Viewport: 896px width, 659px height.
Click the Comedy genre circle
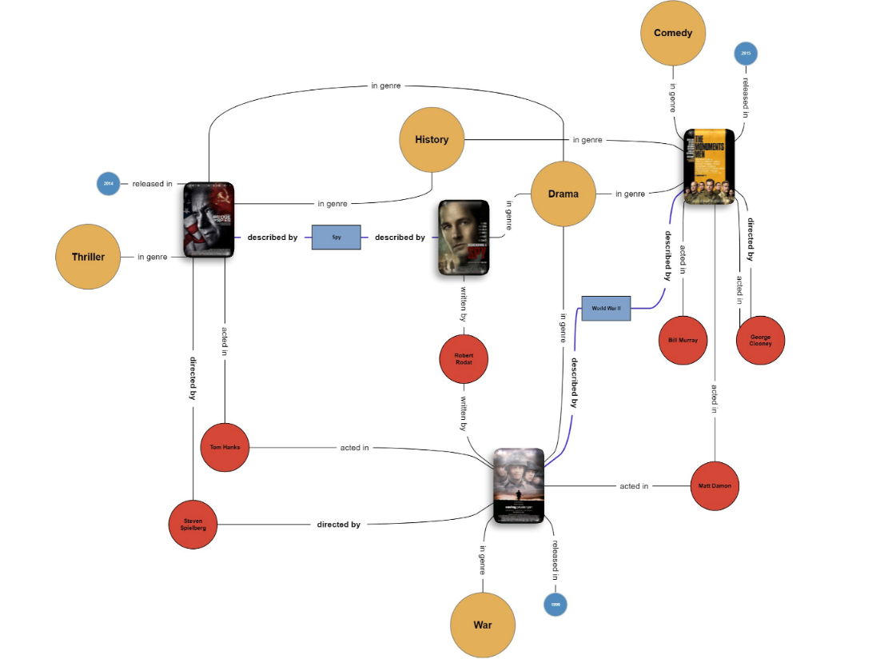click(x=672, y=34)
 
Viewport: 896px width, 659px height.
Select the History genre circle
click(x=432, y=140)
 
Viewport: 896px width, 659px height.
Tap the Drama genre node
click(x=563, y=194)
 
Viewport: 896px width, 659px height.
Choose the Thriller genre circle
click(x=88, y=257)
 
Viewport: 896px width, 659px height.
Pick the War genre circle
click(x=483, y=625)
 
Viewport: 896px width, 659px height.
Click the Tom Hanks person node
click(x=225, y=447)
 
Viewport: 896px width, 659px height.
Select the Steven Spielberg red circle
click(x=193, y=525)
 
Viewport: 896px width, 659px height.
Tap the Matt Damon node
click(x=714, y=485)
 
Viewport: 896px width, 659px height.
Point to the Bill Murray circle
click(x=683, y=340)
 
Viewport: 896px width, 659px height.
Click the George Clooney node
click(x=760, y=340)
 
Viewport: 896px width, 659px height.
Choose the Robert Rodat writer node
click(x=464, y=358)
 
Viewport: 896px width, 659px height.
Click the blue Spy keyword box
click(x=336, y=238)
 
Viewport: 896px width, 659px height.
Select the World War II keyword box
click(x=606, y=308)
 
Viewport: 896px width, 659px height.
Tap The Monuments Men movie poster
click(x=709, y=167)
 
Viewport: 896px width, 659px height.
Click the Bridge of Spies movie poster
click(x=209, y=219)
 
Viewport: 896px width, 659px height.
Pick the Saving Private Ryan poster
click(x=519, y=485)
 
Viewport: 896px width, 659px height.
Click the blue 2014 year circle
click(x=108, y=184)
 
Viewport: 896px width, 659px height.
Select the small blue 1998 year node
click(x=555, y=605)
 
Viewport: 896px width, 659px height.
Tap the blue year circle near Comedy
click(x=745, y=54)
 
